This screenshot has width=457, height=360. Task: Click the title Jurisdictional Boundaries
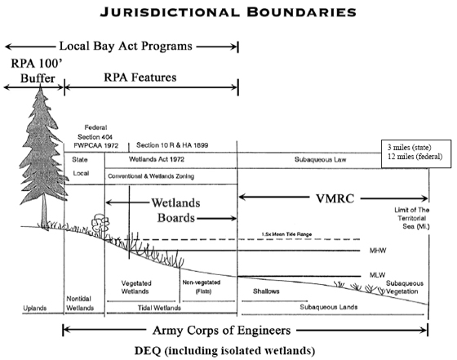(x=228, y=13)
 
